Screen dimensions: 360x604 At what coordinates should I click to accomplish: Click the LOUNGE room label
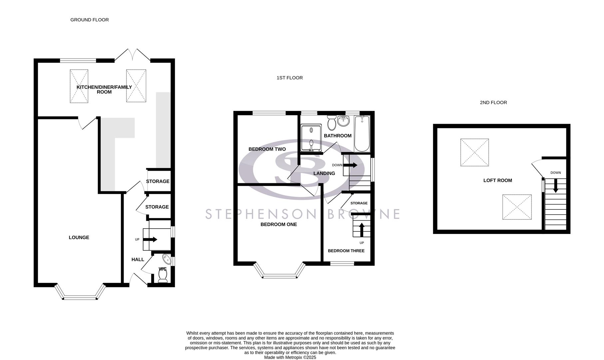(79, 237)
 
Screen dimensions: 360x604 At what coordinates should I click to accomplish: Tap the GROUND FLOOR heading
(89, 20)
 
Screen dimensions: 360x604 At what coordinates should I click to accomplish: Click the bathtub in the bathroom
(362, 133)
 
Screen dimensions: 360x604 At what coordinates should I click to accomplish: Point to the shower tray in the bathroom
(311, 138)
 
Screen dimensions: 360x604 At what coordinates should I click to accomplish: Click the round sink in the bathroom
(343, 121)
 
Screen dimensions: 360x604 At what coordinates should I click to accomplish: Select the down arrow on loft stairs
(555, 186)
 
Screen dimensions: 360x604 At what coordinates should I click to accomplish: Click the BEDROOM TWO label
(267, 149)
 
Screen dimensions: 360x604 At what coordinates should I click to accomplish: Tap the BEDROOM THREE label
(346, 251)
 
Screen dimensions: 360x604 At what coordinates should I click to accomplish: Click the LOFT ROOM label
(497, 180)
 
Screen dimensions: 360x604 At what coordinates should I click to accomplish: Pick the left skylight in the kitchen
(79, 86)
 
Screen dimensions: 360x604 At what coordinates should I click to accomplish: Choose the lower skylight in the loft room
(517, 207)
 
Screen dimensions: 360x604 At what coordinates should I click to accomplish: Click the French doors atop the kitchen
(132, 55)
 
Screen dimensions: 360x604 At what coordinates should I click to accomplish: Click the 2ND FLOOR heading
(493, 102)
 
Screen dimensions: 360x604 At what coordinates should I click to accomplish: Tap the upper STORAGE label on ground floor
(158, 181)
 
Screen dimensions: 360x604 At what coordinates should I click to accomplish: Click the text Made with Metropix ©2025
(290, 357)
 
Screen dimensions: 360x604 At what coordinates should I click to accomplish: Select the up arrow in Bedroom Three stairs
(361, 229)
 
